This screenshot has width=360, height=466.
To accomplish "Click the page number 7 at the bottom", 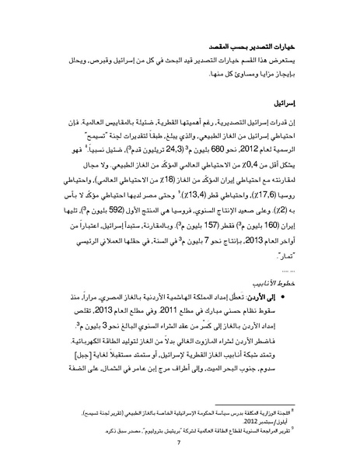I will click(x=180, y=444).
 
